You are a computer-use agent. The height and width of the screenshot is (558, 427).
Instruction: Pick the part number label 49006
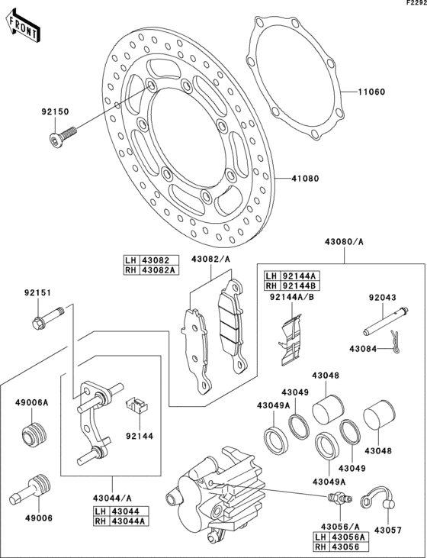pyautogui.click(x=30, y=516)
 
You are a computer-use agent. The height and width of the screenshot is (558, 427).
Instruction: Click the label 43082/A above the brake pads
pyautogui.click(x=211, y=260)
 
